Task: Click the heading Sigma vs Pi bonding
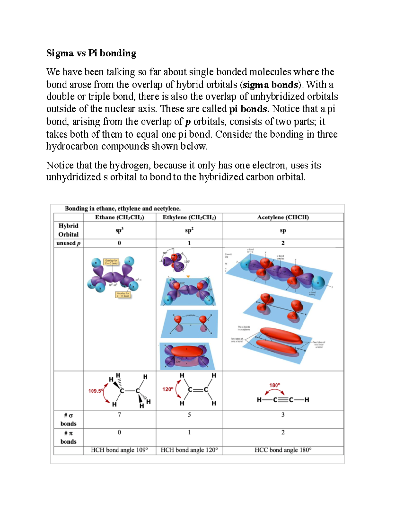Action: coord(91,53)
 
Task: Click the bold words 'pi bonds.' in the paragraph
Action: coord(249,109)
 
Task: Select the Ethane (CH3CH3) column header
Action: coord(119,217)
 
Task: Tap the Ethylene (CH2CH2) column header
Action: coord(189,217)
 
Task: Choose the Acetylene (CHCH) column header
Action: coord(283,217)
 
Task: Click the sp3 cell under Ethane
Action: coord(119,230)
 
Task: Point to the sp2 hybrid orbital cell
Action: coord(189,230)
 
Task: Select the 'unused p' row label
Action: coord(68,243)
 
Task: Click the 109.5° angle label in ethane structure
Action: coord(95,391)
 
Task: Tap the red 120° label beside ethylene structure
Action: coord(168,389)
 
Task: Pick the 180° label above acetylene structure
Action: coord(275,385)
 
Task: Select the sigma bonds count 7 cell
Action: coord(119,415)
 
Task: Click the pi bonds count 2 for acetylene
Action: coord(283,432)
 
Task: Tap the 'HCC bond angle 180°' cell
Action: coord(283,450)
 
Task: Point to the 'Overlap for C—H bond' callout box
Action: coord(123,294)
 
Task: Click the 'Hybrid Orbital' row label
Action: coord(68,230)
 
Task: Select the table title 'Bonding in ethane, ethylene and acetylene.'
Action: coord(122,208)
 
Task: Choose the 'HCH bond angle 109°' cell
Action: coord(119,450)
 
